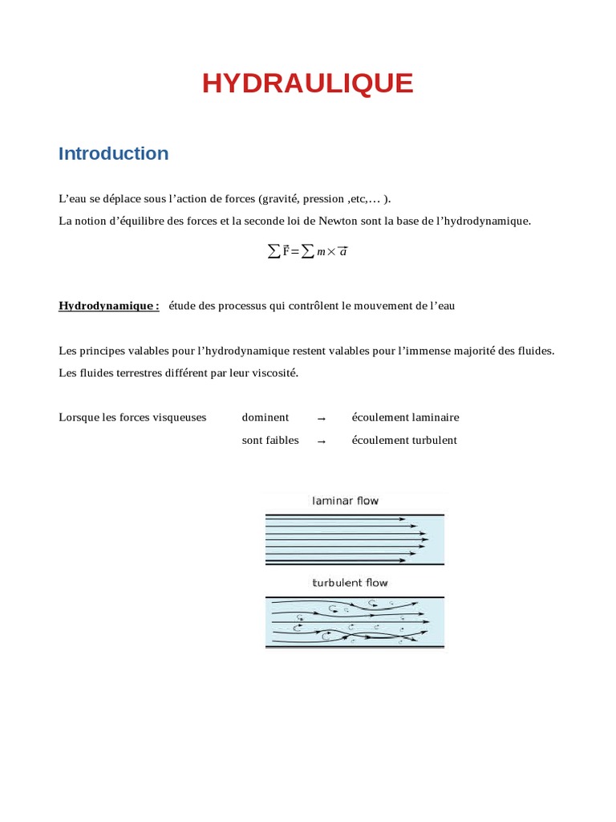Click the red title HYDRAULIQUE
307,83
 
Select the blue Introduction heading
113,153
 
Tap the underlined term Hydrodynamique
107,306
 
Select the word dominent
265,417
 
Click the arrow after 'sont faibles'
321,441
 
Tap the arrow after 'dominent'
321,418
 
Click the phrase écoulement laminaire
405,417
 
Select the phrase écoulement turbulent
404,440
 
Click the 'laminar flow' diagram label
345,501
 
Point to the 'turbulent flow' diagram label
350,583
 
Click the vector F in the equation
286,251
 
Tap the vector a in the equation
342,251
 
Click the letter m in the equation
321,252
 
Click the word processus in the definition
234,306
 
